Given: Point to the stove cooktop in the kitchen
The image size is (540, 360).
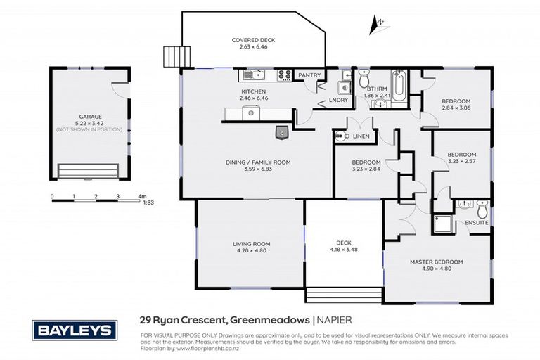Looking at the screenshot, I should pos(285,74).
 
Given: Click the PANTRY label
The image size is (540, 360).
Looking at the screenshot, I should pos(309,75).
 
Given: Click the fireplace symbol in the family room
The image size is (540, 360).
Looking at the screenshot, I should pos(281,131).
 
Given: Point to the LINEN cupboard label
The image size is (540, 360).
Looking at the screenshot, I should pos(361,136).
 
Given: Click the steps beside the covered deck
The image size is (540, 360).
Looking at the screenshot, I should pos(173,56).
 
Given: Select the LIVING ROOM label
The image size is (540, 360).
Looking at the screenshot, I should pos(252,244).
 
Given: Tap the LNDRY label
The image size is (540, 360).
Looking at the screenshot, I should pos(339,100).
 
